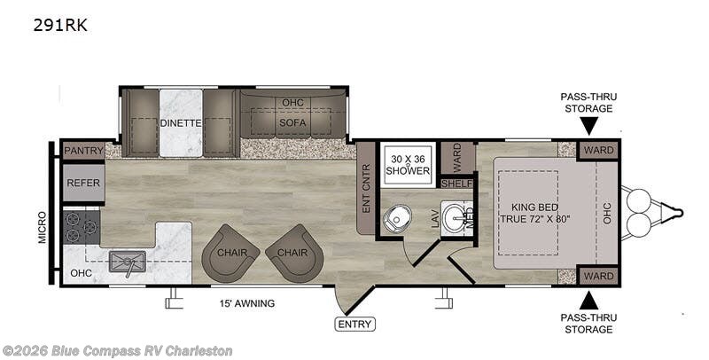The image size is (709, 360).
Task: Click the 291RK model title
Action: pos(60,26)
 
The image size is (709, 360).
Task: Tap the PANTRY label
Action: pos(83,151)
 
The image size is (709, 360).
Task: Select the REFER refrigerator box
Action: pos(83,184)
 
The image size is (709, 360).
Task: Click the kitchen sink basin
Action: pos(127,262)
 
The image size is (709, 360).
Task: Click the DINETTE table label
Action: pos(181,123)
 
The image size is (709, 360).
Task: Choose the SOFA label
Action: pos(292,122)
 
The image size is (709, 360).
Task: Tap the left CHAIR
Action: pos(230,254)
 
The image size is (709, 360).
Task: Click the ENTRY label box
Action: pos(355,324)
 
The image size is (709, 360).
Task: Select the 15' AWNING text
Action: pos(248,303)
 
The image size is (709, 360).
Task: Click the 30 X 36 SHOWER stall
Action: pos(408,164)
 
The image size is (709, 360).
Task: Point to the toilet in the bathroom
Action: pos(397,218)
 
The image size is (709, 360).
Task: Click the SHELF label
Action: pos(457,184)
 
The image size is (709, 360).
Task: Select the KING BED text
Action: pos(535,207)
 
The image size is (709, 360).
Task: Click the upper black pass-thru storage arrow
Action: pos(588,125)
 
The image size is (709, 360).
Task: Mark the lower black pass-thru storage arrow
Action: pos(588,301)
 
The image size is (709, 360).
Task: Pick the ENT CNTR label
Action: pos(366,188)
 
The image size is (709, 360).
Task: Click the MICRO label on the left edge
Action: pos(42,228)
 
